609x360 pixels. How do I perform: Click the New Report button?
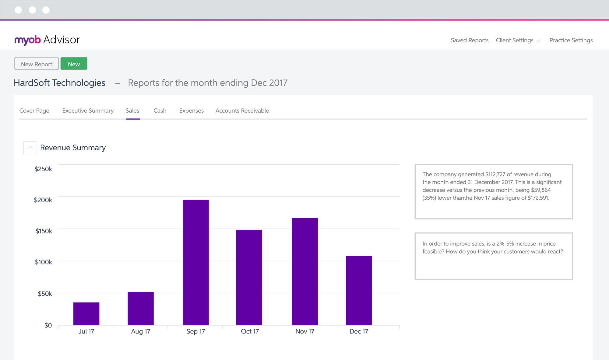tap(37, 64)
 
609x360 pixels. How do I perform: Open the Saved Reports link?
tap(469, 40)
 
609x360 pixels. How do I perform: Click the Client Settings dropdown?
tap(518, 40)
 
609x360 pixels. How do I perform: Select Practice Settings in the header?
tap(571, 40)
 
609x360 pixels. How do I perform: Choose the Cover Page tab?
tap(34, 110)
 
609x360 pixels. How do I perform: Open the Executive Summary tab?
tap(88, 110)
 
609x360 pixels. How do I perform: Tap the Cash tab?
tap(160, 110)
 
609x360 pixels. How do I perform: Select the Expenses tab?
tap(191, 110)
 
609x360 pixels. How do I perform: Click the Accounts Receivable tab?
tap(242, 110)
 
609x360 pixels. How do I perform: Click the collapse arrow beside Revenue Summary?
tap(30, 148)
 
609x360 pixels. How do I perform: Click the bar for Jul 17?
tap(86, 313)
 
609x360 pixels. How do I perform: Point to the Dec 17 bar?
tap(359, 290)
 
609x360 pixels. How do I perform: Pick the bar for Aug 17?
tap(140, 308)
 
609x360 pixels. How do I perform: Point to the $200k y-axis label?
tap(43, 200)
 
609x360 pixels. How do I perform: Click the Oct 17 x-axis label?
tap(250, 331)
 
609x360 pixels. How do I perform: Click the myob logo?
tap(27, 40)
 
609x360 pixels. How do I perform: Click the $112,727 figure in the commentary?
tap(495, 174)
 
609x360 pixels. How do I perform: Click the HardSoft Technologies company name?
tap(59, 83)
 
